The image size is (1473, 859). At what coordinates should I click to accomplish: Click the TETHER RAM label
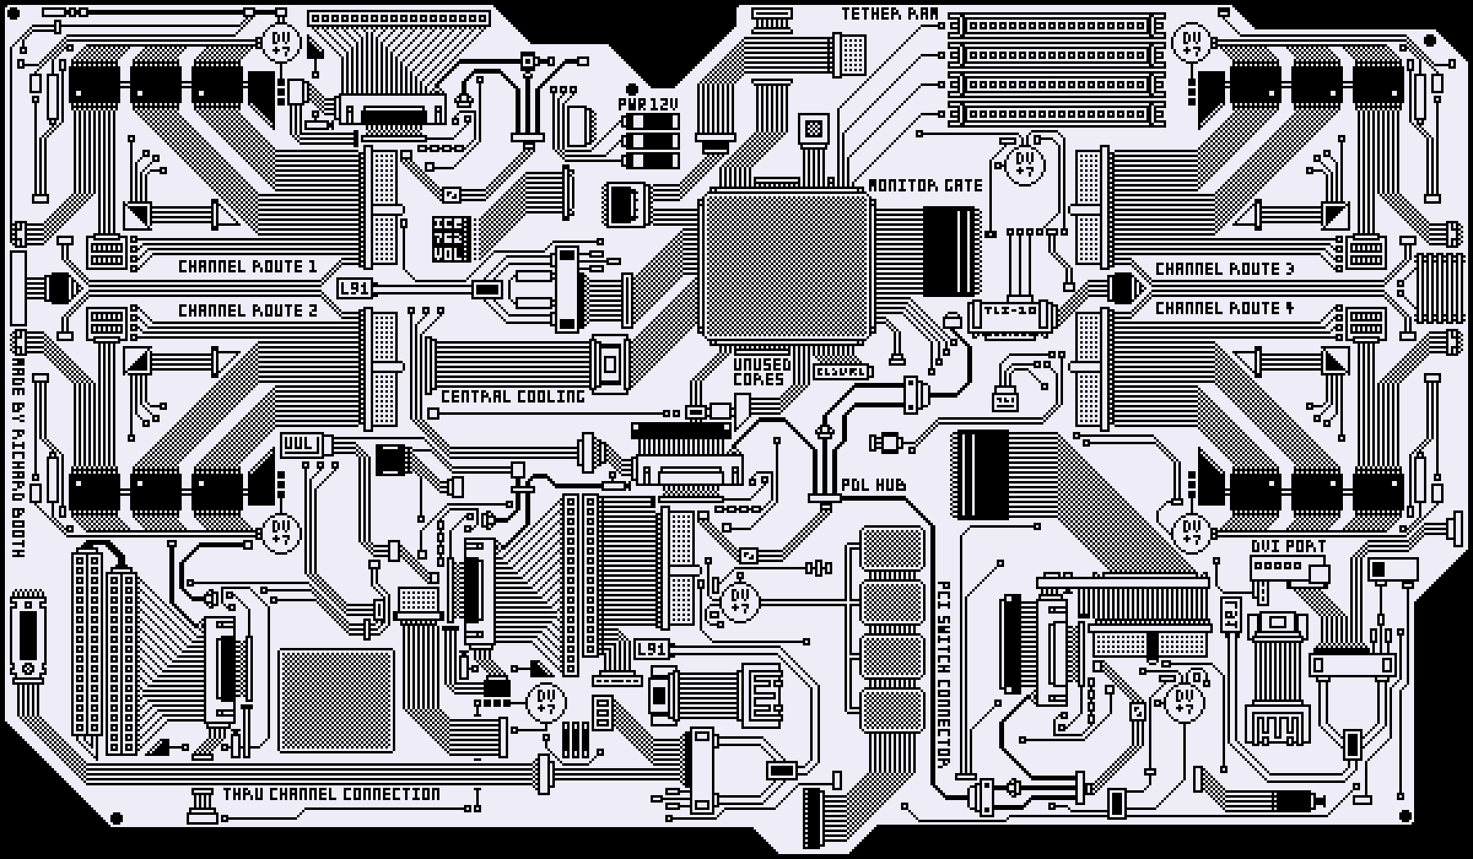890,14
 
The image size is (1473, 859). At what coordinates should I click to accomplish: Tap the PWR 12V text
648,104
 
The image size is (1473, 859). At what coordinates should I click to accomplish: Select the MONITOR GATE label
925,186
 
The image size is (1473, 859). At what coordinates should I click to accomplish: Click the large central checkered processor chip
785,267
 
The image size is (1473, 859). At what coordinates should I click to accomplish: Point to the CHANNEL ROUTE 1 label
247,267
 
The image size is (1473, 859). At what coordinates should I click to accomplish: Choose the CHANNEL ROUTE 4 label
1224,308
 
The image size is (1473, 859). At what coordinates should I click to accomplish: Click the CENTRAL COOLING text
513,397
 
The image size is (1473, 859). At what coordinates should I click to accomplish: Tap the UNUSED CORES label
761,371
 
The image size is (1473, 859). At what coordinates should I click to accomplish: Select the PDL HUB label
873,485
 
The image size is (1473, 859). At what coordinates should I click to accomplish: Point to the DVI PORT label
1288,546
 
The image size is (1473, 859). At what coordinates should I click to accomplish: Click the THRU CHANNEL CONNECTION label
331,794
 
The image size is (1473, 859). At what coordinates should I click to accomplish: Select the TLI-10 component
1011,313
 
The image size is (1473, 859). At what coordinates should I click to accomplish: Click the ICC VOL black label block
451,238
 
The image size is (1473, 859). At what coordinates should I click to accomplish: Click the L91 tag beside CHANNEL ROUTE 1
354,289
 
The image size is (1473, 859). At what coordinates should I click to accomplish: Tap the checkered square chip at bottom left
336,700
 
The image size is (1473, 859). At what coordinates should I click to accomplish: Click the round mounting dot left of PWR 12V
631,89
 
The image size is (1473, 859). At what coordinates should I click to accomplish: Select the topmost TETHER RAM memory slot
1056,26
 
